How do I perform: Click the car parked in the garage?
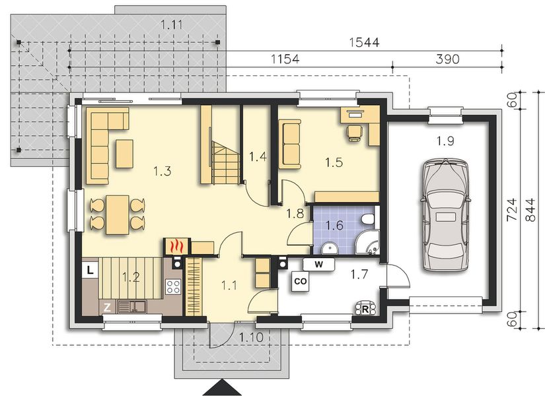[445, 214]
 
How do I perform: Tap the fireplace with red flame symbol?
[176, 247]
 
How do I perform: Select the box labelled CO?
[301, 281]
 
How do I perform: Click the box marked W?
[318, 265]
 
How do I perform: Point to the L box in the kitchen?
[91, 270]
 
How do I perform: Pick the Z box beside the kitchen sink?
[108, 308]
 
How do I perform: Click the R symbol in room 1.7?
[365, 309]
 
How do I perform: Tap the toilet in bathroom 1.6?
[368, 219]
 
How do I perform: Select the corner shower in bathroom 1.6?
[367, 242]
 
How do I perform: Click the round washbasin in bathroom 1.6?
[329, 249]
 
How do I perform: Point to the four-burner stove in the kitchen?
[173, 286]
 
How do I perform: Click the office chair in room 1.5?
[355, 133]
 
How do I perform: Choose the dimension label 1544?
[364, 42]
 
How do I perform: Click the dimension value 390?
[447, 59]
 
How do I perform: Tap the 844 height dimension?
[530, 210]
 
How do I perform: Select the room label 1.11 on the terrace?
[172, 25]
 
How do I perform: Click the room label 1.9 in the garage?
[445, 141]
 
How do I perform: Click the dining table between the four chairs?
[118, 214]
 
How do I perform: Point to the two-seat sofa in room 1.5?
[289, 144]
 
